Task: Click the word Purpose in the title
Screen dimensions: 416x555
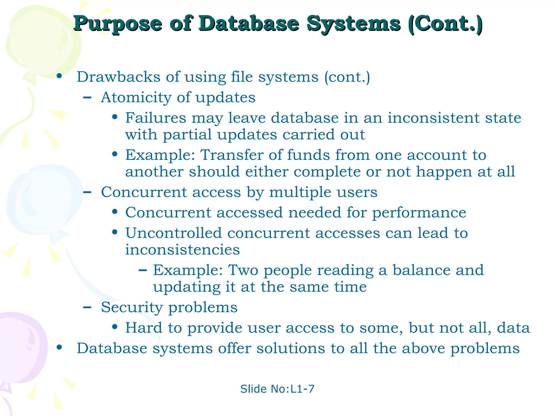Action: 118,24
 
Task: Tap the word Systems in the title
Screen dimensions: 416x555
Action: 354,24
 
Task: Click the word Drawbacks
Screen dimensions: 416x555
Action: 119,77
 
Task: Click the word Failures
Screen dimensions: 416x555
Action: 156,118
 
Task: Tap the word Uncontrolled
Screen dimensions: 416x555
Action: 173,233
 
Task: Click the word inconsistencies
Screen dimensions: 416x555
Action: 182,250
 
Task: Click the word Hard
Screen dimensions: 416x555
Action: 144,328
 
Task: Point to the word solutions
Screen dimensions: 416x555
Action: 291,348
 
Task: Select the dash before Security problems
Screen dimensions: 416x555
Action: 87,307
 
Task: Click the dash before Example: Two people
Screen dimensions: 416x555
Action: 143,270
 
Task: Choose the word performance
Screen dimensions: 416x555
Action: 419,213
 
